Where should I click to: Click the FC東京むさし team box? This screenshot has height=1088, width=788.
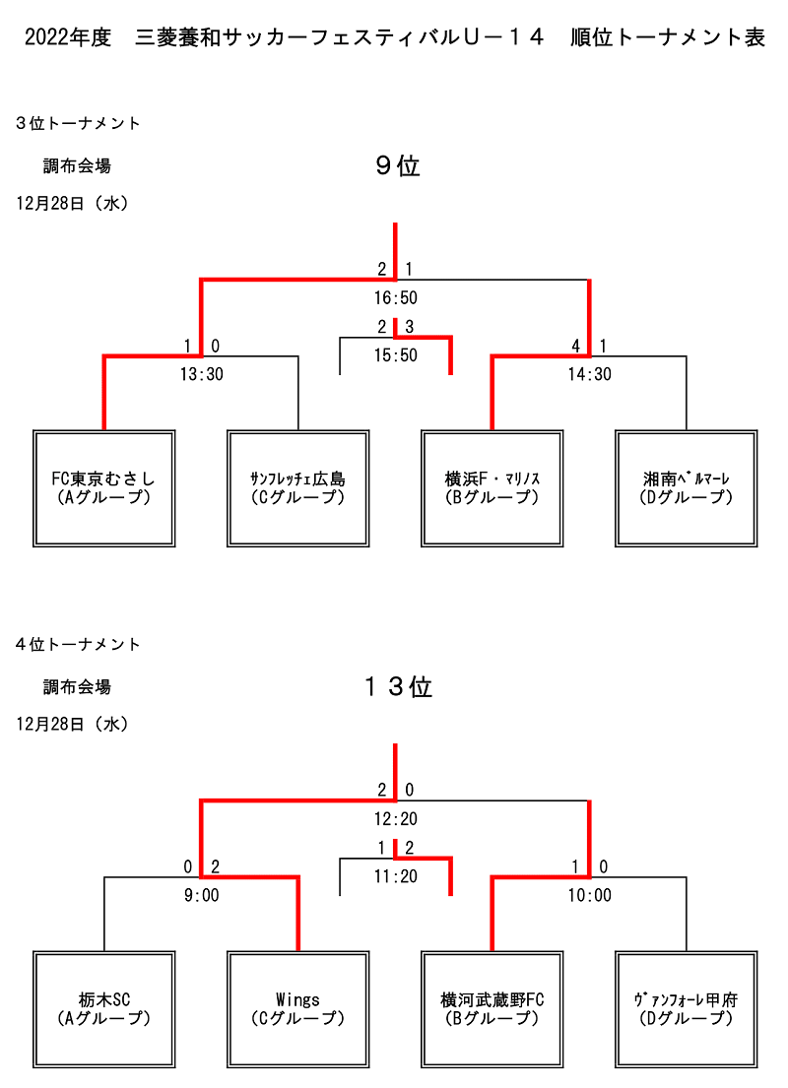[104, 488]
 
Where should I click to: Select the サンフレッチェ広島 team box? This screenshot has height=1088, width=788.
[297, 488]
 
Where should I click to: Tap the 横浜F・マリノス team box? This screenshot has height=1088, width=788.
[492, 488]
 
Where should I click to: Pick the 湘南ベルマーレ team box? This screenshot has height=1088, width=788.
[686, 488]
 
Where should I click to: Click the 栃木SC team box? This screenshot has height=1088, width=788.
[104, 1009]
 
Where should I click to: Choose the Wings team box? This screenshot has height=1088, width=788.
[297, 1009]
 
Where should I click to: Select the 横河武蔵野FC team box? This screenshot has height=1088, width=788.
[492, 1009]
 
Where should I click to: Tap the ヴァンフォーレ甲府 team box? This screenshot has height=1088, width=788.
[686, 1009]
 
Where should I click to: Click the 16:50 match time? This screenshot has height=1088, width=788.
[396, 298]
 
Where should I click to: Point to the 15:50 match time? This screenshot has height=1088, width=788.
[396, 355]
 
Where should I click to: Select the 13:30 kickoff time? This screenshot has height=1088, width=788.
[201, 375]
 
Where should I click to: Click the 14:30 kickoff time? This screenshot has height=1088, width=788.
[589, 375]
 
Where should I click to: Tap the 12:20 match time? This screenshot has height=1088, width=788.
[396, 819]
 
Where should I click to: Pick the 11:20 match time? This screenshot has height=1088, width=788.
[396, 877]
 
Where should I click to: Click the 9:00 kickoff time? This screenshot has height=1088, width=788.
[201, 896]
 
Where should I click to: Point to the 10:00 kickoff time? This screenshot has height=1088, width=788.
[589, 896]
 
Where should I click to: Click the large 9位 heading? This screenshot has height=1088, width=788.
[398, 165]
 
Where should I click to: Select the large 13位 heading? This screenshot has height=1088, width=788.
[398, 687]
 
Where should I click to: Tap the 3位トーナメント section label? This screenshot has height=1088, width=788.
[78, 123]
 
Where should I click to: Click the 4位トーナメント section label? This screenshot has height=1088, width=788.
[78, 645]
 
